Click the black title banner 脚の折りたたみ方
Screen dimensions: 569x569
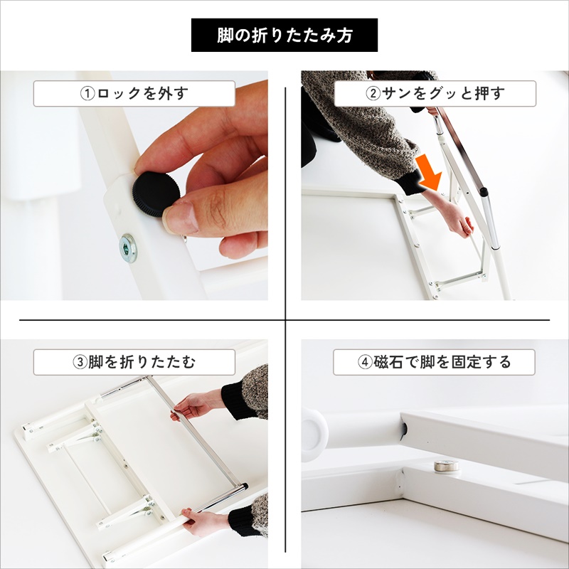coord(284,35)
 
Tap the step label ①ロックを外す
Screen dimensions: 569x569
coord(134,94)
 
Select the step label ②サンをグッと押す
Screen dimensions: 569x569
coord(435,94)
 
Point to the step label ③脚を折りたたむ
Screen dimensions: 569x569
coord(134,362)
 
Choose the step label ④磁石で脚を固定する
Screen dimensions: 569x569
coord(434,362)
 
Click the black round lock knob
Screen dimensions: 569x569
coord(156,194)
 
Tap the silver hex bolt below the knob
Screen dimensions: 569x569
coord(128,248)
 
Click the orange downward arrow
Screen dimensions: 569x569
coord(429,172)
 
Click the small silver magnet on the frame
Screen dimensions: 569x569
coord(446,466)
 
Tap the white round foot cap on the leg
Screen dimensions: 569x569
coord(314,435)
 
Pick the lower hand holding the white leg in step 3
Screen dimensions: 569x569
coord(203,523)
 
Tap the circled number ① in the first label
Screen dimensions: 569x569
coord(87,94)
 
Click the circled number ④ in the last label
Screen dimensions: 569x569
coord(365,362)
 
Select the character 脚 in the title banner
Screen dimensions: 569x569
coord(225,35)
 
